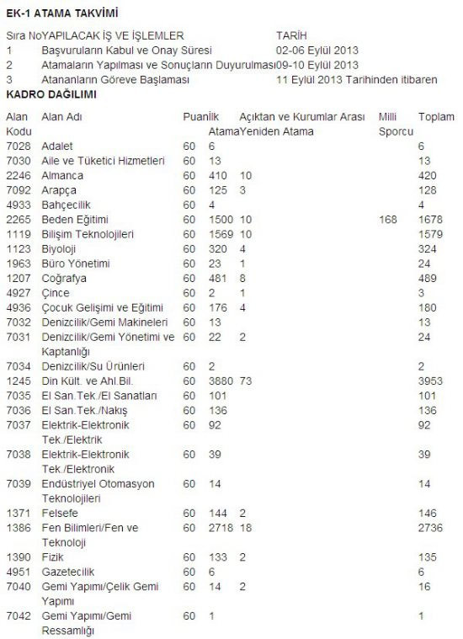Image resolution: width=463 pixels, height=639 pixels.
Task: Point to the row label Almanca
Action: (62, 175)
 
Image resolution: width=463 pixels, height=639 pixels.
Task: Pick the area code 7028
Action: (19, 146)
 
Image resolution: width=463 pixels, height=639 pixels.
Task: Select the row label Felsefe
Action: (59, 512)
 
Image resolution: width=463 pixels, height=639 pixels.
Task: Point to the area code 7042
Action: (19, 616)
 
